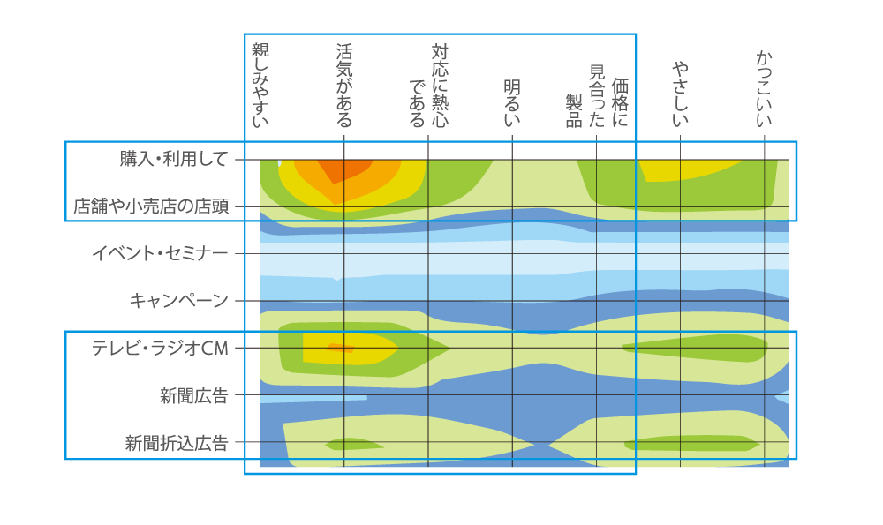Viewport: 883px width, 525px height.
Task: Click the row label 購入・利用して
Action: pos(173,160)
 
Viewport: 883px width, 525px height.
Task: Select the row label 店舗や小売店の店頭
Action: pos(150,207)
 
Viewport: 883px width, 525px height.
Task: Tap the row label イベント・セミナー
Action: pos(160,254)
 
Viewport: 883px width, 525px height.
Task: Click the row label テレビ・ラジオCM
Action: pos(160,349)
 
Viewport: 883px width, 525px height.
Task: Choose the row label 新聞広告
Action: pos(193,395)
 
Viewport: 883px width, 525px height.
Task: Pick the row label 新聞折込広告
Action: pos(176,443)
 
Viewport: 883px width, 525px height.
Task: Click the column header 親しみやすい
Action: pos(260,86)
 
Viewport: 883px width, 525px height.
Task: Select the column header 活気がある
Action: pos(343,86)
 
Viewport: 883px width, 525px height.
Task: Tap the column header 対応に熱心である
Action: pos(428,86)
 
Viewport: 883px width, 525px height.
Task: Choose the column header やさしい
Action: pos(680,94)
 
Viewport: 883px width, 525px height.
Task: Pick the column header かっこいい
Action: pos(765,87)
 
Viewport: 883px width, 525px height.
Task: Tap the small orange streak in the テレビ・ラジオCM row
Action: pos(340,348)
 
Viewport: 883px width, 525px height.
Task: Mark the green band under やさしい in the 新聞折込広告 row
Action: pos(689,444)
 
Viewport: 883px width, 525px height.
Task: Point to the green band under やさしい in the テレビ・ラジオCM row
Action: pos(698,346)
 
